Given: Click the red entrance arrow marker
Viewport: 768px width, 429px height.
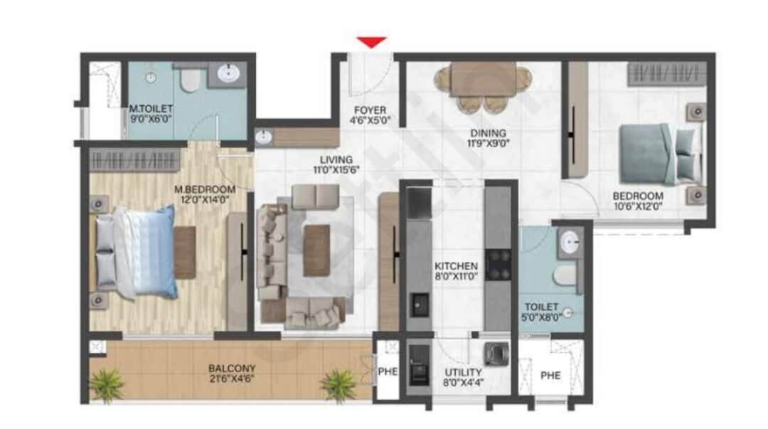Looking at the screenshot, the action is [x=372, y=43].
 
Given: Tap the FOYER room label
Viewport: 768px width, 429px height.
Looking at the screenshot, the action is [x=370, y=110].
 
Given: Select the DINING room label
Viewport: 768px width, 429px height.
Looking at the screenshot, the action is [x=488, y=133].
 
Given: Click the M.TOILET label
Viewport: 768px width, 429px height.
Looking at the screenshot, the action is [x=150, y=109].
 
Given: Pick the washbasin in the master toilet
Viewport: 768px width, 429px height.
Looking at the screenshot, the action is [x=228, y=74].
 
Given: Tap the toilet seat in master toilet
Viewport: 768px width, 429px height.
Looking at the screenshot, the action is [x=188, y=79].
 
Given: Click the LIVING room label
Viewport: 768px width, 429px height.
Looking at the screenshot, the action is [x=336, y=160].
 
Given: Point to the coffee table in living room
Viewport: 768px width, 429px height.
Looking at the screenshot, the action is [x=316, y=250].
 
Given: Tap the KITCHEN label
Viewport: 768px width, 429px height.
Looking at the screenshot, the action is [x=456, y=266].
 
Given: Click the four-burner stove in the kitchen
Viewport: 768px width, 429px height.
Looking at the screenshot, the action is [x=498, y=265].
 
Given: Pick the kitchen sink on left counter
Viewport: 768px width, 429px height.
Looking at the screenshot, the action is [x=419, y=305].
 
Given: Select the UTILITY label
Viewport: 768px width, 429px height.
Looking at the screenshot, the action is [x=463, y=372].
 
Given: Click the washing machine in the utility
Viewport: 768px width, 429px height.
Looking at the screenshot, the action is [x=496, y=354].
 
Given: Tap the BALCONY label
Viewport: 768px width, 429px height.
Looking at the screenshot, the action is [x=232, y=369].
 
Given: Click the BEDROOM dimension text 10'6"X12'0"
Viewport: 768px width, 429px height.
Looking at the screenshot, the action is [x=638, y=206].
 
